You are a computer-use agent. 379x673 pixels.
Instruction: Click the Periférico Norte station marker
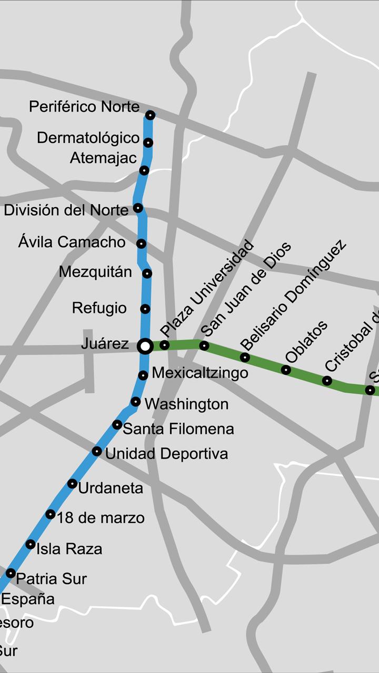pyautogui.click(x=150, y=115)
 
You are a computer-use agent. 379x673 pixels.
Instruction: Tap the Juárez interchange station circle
pyautogui.click(x=145, y=346)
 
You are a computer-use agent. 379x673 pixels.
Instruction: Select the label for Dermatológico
pyautogui.click(x=88, y=138)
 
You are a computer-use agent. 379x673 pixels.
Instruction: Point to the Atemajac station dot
pyautogui.click(x=144, y=170)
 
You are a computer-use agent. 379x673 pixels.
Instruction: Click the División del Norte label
pyautogui.click(x=66, y=210)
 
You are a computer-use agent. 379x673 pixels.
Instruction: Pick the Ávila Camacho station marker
pyautogui.click(x=141, y=243)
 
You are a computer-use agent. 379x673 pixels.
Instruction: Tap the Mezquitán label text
pyautogui.click(x=95, y=272)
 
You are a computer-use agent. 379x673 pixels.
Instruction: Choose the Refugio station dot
pyautogui.click(x=145, y=309)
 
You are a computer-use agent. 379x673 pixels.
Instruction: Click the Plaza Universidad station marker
pyautogui.click(x=165, y=345)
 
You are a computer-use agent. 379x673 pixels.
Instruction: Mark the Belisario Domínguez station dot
pyautogui.click(x=245, y=358)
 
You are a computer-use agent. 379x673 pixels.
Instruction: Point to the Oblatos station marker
pyautogui.click(x=286, y=370)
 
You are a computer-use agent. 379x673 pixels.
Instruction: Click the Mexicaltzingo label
pyautogui.click(x=200, y=373)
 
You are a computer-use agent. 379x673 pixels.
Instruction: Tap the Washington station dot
pyautogui.click(x=135, y=402)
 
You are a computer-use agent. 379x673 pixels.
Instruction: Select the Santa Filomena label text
pyautogui.click(x=178, y=429)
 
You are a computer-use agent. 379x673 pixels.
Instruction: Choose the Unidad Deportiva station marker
pyautogui.click(x=97, y=451)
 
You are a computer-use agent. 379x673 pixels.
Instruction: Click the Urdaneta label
pyautogui.click(x=111, y=488)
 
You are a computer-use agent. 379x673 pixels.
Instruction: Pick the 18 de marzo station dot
pyautogui.click(x=50, y=514)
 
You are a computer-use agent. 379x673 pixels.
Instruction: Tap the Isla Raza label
pyautogui.click(x=69, y=549)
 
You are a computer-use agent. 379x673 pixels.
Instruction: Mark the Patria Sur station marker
pyautogui.click(x=11, y=573)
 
